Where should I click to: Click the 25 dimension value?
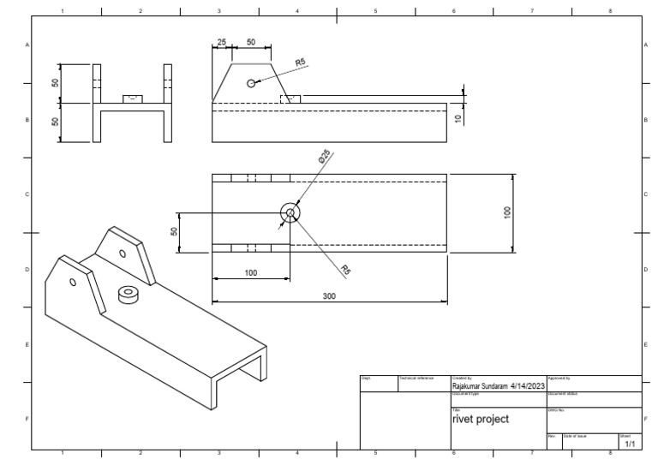coord(222,42)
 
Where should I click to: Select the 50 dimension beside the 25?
coord(250,42)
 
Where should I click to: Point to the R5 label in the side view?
coord(301,63)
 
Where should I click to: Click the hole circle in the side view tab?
coord(250,83)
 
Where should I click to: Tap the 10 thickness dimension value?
coord(458,118)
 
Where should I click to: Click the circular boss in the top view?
coord(290,213)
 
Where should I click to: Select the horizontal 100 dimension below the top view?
coord(250,272)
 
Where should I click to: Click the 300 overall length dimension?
coord(329,295)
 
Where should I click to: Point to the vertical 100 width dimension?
coord(507,212)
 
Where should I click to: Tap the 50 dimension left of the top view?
coord(174,232)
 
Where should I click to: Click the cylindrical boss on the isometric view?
coord(129,295)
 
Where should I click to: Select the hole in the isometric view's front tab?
coord(73,281)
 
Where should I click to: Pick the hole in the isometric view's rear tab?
coord(123,253)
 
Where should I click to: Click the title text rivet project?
coord(480,420)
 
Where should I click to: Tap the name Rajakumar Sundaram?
coord(479,386)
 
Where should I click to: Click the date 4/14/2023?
coord(528,386)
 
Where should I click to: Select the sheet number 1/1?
coord(630,444)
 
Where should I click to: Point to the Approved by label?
coord(558,378)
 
